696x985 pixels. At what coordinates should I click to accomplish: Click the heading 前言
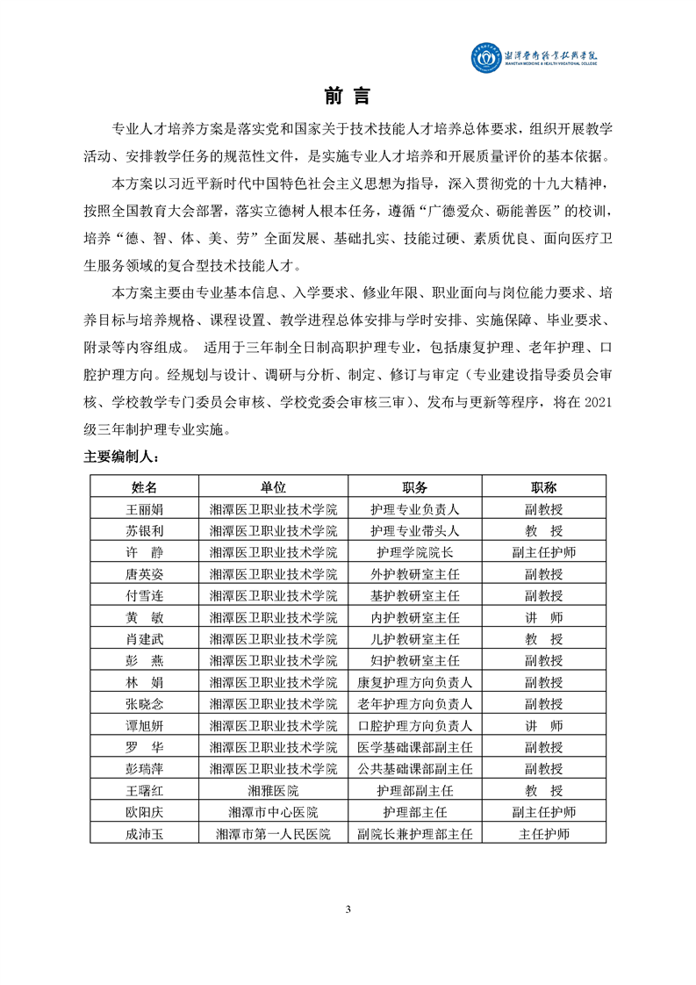point(348,96)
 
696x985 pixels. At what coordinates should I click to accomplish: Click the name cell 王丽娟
point(144,508)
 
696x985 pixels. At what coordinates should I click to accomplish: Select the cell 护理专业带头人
point(415,530)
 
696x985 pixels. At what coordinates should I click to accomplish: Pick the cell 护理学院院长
point(415,552)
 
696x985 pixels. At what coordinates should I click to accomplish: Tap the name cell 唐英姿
point(144,574)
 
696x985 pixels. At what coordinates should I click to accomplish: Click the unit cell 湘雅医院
point(274,791)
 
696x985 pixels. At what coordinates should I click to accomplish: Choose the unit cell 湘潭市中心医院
point(274,812)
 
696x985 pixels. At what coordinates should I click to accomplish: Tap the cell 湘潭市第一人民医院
point(274,834)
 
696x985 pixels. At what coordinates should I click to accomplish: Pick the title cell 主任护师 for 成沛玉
point(544,834)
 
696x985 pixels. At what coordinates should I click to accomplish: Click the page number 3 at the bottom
point(348,909)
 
